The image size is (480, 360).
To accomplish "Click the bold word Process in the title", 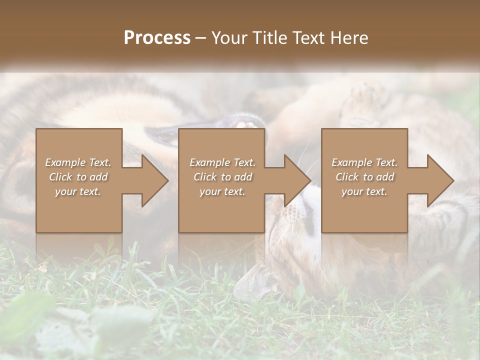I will coord(157,38).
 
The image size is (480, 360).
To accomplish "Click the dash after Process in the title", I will coord(201,38).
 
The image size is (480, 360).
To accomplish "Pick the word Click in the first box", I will coord(60,177).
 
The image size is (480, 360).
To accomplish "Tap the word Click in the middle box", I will coord(204,177).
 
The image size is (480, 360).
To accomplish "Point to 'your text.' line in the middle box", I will coord(222,191).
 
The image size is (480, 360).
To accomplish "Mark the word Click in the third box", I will coord(346,177).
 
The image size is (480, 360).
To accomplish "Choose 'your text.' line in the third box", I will coord(364,191).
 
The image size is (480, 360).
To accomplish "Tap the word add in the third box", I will coord(385,177).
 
